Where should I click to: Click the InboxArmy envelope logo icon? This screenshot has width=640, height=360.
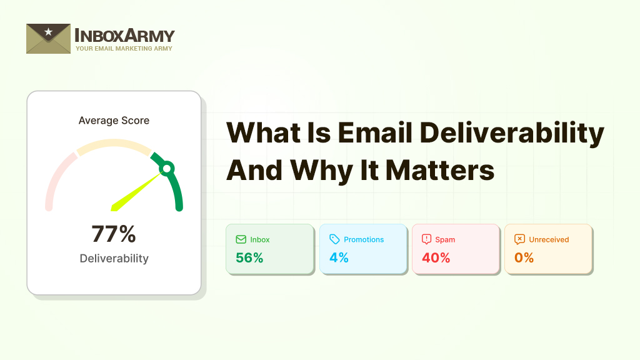coord(48,39)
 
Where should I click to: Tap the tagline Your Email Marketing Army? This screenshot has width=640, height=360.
coord(124,49)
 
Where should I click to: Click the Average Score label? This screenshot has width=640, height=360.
coord(114,121)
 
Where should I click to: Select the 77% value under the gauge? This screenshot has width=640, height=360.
coord(114,234)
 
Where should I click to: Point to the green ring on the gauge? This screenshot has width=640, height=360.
coord(166,168)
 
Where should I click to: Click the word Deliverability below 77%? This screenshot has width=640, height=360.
coord(114,258)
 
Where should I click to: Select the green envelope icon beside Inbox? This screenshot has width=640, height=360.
coord(241,239)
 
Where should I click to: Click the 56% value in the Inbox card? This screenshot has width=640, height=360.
coord(249,257)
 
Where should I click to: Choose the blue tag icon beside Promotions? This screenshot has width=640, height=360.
coord(334,239)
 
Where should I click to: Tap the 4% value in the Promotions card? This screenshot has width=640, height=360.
coord(339,257)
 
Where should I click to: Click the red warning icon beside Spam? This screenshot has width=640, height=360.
coord(427,239)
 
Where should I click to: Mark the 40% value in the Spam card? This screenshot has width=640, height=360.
coord(436,257)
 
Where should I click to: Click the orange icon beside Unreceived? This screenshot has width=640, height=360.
coord(519,239)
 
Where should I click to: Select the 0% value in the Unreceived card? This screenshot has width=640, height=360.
coord(524,257)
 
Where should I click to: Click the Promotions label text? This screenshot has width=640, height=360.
coord(364,239)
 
